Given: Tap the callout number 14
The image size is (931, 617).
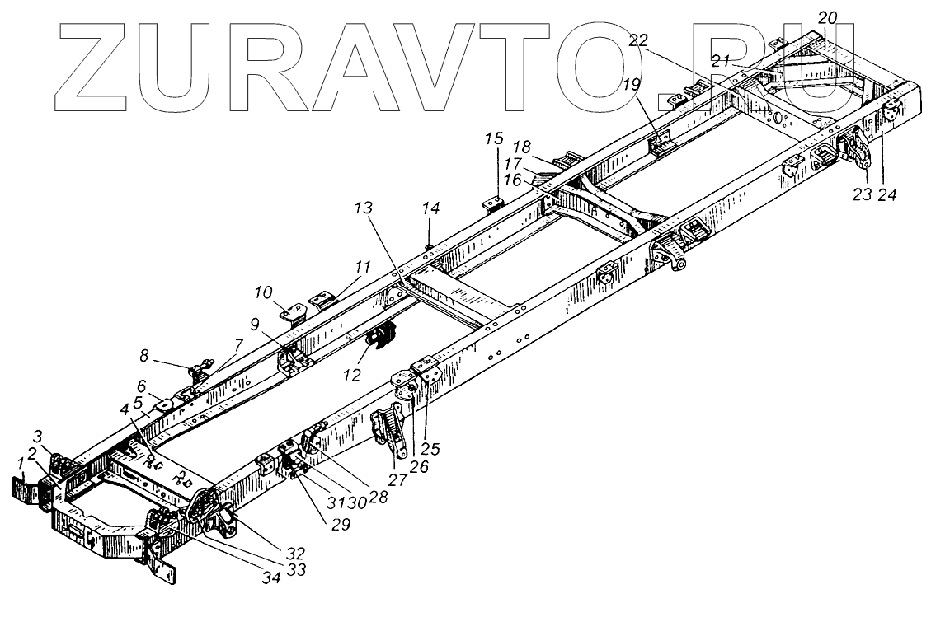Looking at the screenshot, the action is tap(430, 209).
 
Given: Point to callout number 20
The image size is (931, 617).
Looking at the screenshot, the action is tap(827, 16).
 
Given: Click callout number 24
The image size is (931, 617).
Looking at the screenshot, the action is tap(887, 195).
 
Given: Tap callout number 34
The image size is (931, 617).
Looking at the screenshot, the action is tap(271, 577).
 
